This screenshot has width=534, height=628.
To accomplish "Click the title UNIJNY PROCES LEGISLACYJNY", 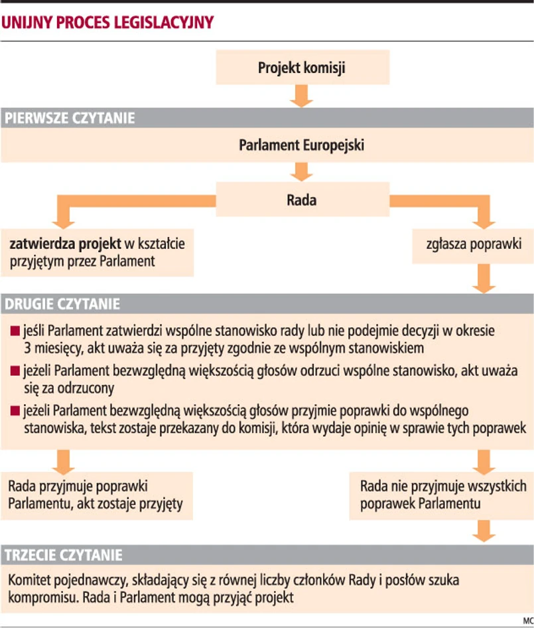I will tap(107, 22).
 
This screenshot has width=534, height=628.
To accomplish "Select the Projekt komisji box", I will tap(302, 67).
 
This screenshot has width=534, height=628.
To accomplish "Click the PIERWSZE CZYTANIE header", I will tap(70, 119).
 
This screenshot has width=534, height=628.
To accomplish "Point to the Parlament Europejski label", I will tap(302, 145).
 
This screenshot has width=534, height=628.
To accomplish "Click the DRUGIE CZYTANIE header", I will tap(63, 304).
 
